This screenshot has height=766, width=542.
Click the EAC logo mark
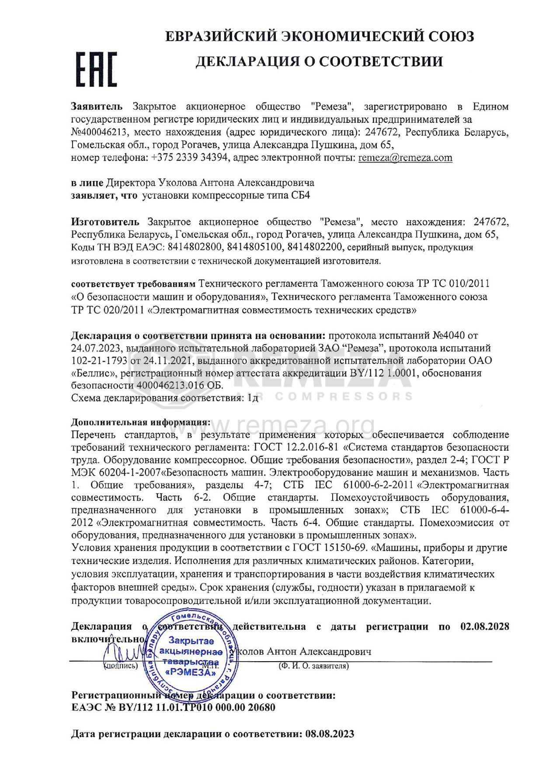pos(97,69)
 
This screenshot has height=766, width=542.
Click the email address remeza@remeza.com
pos(405,158)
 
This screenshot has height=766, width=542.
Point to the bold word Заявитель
pos(97,107)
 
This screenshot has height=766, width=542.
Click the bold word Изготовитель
pos(105,222)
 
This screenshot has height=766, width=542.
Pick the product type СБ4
pos(301,195)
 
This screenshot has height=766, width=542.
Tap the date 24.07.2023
pos(96,348)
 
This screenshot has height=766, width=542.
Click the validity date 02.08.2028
pos(485,627)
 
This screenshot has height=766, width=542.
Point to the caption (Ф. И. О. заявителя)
pos(314,666)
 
